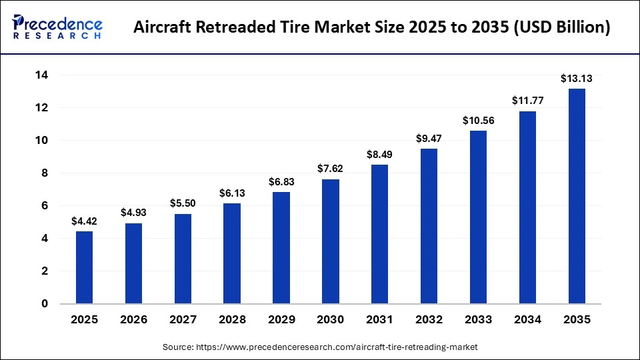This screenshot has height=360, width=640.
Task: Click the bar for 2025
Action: (84, 267)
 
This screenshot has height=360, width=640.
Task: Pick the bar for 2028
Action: (232, 253)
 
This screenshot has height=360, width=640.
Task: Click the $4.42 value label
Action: (84, 221)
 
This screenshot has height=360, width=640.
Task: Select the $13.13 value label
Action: (577, 79)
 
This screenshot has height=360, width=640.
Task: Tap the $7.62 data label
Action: (331, 169)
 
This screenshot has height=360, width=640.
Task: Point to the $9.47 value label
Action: (429, 139)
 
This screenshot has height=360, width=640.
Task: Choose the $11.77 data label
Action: (527, 101)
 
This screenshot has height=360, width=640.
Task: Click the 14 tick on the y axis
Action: (41, 75)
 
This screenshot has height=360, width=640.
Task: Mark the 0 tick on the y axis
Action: (45, 304)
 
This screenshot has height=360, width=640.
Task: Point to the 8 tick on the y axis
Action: (45, 173)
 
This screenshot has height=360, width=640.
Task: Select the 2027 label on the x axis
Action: (183, 320)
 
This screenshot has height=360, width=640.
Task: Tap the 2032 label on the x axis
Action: (429, 320)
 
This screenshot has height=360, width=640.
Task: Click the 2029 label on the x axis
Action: (281, 320)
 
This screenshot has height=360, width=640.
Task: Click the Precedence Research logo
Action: (57, 27)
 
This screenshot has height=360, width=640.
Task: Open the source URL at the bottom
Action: (320, 347)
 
